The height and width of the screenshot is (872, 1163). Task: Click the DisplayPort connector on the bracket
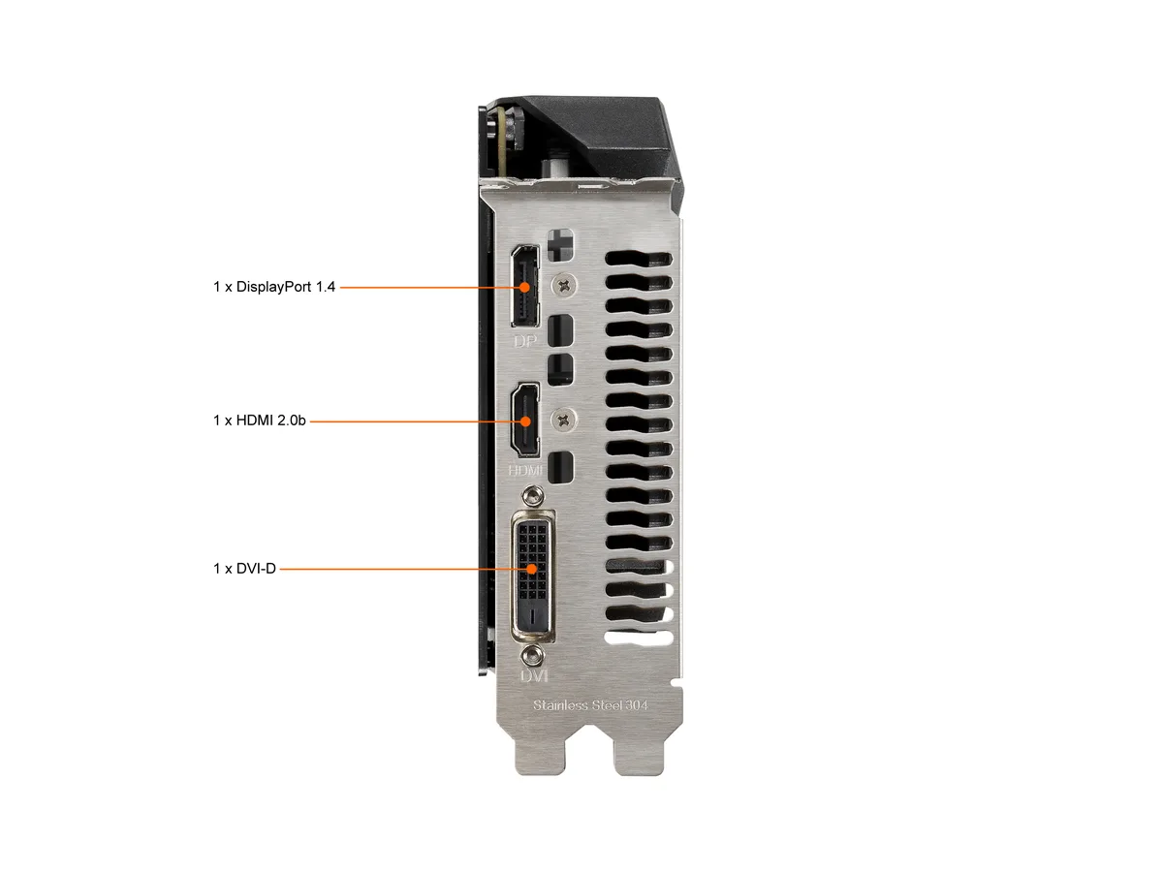click(x=524, y=286)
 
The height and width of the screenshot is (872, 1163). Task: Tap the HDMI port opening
click(x=524, y=420)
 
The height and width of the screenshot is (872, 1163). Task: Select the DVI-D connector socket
click(x=533, y=576)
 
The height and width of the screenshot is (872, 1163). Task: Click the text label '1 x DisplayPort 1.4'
click(x=274, y=287)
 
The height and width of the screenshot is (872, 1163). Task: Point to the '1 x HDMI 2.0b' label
click(x=259, y=420)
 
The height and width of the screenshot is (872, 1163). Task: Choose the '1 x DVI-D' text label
click(x=244, y=569)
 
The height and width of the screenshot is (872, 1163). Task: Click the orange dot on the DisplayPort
click(x=524, y=287)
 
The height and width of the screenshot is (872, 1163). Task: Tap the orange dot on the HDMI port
click(x=525, y=421)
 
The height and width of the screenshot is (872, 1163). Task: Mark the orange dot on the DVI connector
click(x=532, y=569)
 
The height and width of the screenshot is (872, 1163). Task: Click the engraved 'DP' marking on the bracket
click(x=525, y=341)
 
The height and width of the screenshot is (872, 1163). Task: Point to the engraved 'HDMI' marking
click(x=525, y=470)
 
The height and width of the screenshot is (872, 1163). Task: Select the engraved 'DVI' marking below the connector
click(x=534, y=675)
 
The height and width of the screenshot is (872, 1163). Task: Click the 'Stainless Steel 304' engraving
click(x=590, y=705)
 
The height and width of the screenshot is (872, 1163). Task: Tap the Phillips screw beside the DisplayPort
click(x=564, y=286)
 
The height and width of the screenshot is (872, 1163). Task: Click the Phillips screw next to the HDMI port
click(x=564, y=420)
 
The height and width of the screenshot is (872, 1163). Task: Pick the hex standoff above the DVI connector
click(x=532, y=497)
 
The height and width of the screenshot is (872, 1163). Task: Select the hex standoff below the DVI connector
click(x=532, y=657)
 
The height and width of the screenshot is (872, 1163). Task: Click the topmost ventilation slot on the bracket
click(x=639, y=259)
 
